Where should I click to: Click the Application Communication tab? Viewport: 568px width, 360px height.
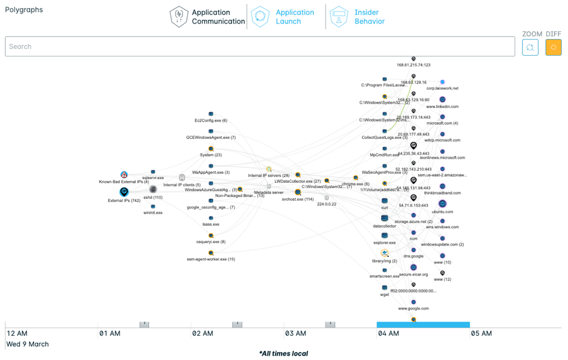[207, 17]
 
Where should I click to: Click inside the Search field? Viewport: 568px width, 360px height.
[260, 47]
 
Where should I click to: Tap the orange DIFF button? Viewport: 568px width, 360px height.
[553, 47]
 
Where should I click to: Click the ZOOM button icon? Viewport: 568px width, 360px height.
[530, 47]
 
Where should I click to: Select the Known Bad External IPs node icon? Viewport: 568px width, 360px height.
[124, 175]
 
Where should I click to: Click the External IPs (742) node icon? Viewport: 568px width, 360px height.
[124, 192]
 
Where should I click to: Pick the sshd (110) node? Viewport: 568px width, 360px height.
[153, 189]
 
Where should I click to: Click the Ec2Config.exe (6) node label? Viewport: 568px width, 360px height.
[211, 120]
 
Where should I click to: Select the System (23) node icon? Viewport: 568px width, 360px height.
[211, 149]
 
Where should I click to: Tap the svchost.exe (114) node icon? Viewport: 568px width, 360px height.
[298, 192]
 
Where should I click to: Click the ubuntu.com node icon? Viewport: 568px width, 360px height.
[442, 204]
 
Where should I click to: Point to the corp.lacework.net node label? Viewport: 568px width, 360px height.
[443, 88]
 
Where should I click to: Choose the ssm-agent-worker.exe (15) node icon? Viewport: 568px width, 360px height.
[211, 253]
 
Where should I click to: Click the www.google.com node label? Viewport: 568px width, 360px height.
[413, 308]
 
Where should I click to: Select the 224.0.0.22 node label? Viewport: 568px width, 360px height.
[326, 204]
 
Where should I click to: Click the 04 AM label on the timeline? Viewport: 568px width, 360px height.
[388, 333]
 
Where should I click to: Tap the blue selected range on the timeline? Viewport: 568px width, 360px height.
[423, 325]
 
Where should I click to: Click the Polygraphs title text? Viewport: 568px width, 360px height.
[24, 10]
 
